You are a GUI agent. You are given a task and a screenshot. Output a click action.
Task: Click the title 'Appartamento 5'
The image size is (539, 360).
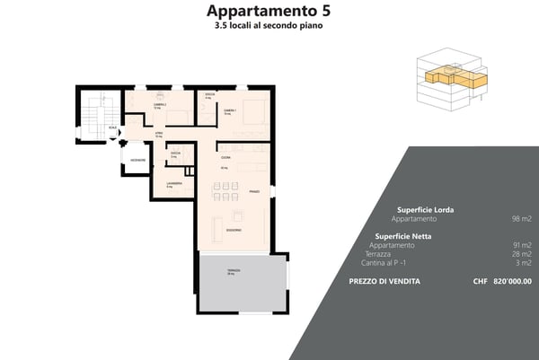269,11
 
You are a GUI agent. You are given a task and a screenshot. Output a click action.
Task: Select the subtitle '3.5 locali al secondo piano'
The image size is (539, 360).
269,26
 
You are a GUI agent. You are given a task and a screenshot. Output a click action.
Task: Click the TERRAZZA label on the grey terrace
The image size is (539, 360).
234,270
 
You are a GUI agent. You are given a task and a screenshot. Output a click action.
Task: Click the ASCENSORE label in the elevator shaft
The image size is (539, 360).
137,160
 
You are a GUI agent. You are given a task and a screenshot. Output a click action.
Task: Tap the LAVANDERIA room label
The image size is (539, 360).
174,183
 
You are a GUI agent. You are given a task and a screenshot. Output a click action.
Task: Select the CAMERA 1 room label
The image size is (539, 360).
231,110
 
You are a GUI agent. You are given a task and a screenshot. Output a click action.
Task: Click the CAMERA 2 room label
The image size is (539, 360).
160,105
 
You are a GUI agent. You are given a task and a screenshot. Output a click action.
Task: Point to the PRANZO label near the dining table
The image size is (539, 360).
254,191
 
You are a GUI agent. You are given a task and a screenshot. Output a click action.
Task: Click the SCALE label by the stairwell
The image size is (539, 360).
112,127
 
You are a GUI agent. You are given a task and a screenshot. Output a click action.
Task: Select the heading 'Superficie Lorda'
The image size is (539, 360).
425,209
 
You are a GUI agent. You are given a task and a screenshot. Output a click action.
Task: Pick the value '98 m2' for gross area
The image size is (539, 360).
521,219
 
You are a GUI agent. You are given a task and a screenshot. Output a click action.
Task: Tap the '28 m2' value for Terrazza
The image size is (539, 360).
521,254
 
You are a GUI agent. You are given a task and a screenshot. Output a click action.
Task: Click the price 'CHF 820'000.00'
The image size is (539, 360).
502,281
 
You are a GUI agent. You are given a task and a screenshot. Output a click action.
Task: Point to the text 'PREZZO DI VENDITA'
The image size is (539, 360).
384,281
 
